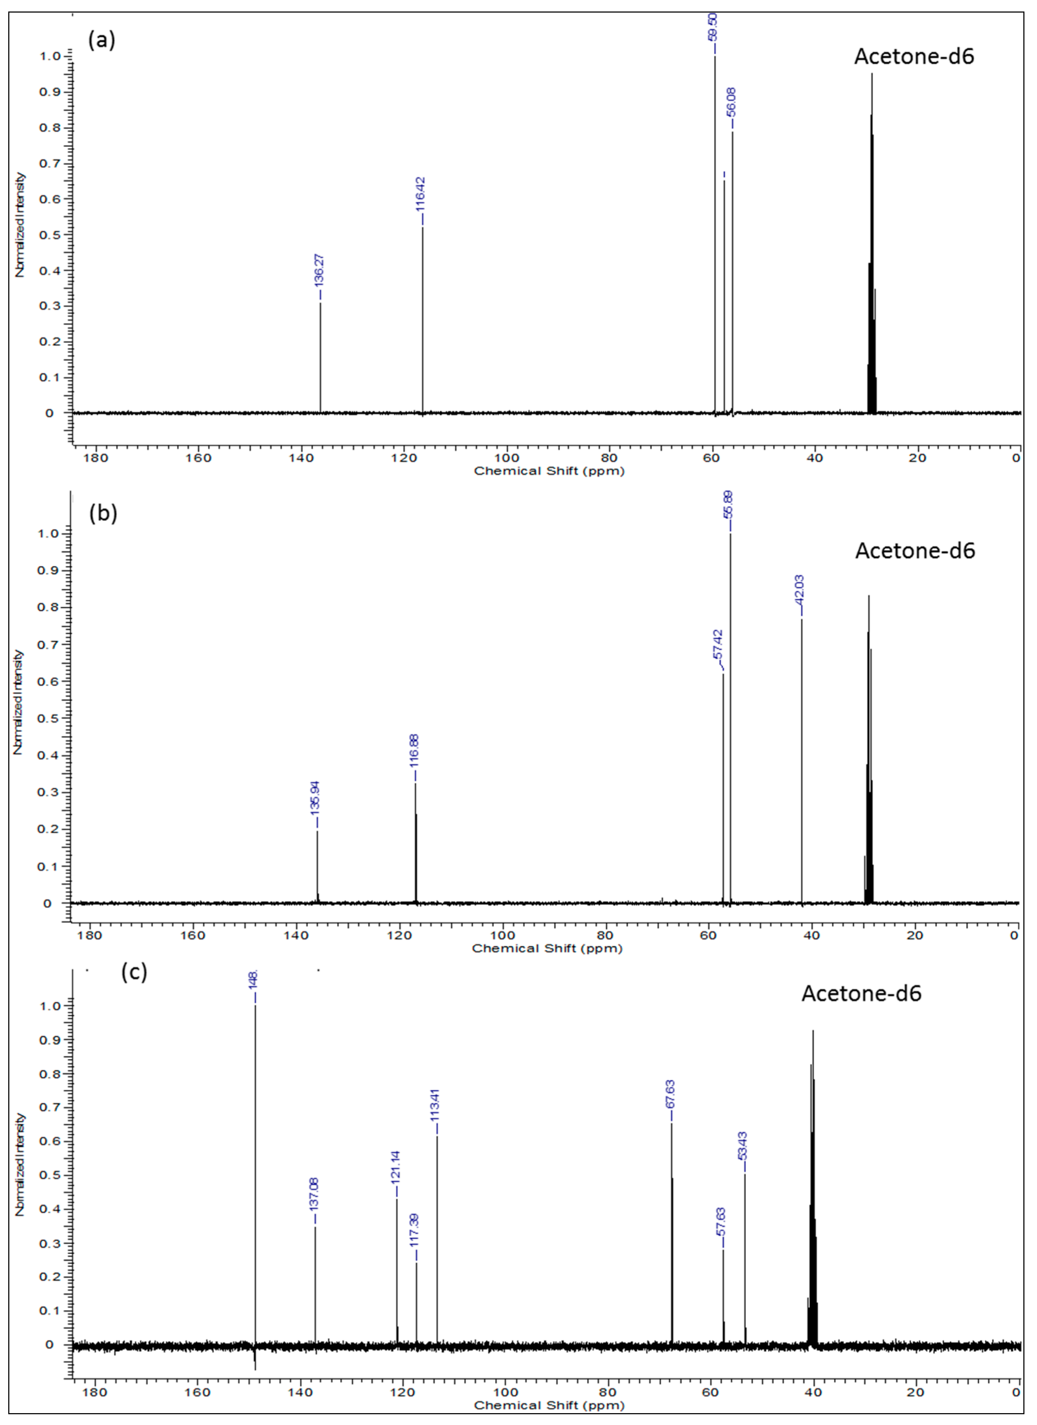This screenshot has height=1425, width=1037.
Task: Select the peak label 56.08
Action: pyautogui.click(x=732, y=102)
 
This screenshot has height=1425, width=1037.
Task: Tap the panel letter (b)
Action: pyautogui.click(x=103, y=513)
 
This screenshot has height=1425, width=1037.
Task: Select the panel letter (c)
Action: pyautogui.click(x=134, y=972)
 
